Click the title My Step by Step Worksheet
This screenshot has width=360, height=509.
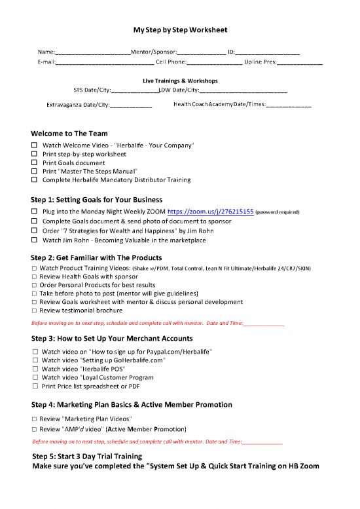(x=180, y=30)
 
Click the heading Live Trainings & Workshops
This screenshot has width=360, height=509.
(x=180, y=81)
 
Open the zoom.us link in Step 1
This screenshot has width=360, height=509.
(x=209, y=212)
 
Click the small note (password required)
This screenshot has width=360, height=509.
(x=277, y=213)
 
